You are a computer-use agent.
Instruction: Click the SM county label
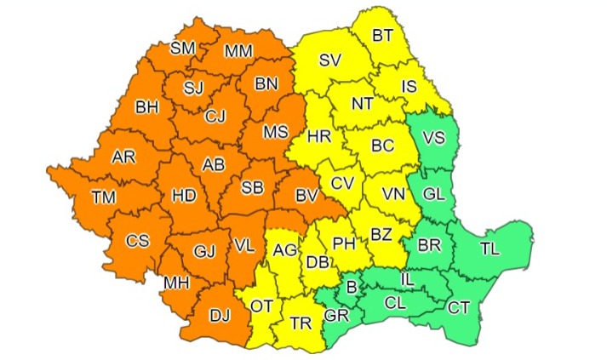pos(182,49)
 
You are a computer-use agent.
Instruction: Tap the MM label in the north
pos(238,52)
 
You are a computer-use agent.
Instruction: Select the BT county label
pos(382,36)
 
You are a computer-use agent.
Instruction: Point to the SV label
pos(329,60)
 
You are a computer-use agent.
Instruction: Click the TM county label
pos(104,197)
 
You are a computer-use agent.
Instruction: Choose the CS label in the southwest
pos(137,241)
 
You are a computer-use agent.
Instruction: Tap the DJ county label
pos(220,317)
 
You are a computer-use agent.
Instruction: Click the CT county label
pos(458,306)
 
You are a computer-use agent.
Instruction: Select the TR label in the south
pos(301,323)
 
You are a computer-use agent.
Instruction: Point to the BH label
pos(146,108)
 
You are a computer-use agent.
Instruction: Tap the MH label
pos(176,282)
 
